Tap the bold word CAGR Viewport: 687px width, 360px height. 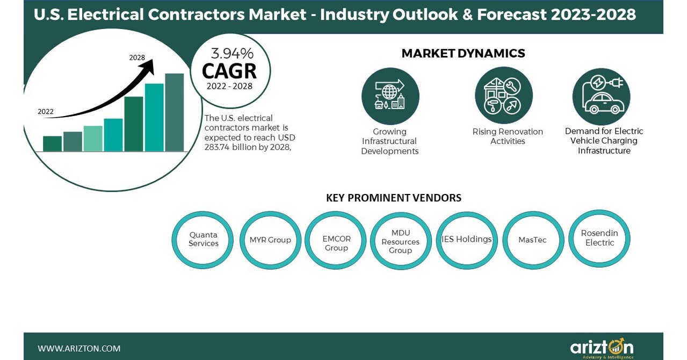click(229, 71)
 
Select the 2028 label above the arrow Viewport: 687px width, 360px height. click(137, 57)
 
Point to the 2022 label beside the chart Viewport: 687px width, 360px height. click(46, 112)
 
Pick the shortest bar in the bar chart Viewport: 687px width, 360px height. click(52, 143)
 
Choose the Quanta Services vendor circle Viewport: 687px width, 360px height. click(203, 240)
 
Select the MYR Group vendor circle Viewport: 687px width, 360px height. click(270, 240)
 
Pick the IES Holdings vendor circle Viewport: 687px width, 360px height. click(466, 240)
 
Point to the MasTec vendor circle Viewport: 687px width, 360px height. click(532, 240)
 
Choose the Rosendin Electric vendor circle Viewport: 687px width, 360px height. click(599, 238)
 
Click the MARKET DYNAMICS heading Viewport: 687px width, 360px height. click(463, 53)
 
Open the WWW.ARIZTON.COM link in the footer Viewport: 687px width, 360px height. click(79, 348)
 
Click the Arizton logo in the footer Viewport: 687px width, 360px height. click(602, 347)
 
